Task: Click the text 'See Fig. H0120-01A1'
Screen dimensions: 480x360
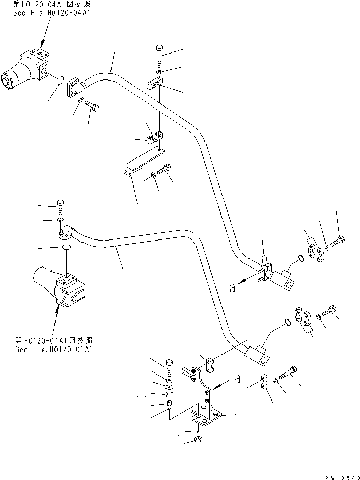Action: click(x=54, y=349)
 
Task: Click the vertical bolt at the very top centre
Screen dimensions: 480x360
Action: click(x=159, y=55)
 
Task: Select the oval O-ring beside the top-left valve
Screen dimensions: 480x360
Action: click(x=59, y=79)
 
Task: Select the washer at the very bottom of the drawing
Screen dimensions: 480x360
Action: click(x=198, y=440)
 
